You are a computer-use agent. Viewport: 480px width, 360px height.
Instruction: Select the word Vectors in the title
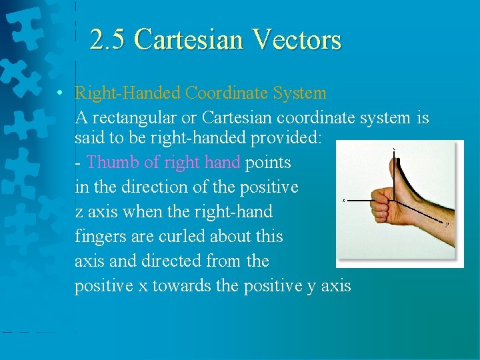pyautogui.click(x=297, y=40)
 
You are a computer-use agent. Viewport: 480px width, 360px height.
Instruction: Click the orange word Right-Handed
pyautogui.click(x=128, y=93)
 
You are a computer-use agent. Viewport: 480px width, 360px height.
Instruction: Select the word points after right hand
pyautogui.click(x=268, y=162)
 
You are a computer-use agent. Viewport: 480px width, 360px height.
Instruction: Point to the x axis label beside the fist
pyautogui.click(x=344, y=200)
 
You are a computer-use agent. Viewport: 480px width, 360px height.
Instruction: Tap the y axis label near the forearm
pyautogui.click(x=447, y=225)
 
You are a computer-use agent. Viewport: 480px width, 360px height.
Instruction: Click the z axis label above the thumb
pyautogui.click(x=395, y=147)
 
